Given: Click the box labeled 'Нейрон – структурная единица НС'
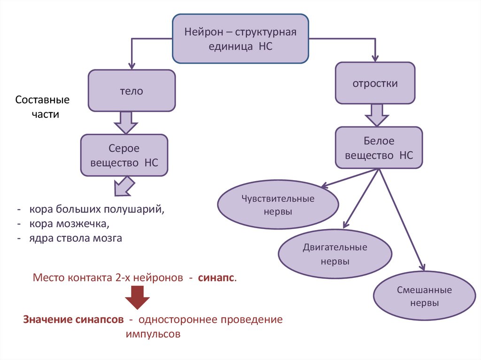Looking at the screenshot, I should coord(241,39).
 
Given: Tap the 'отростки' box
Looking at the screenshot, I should coord(375,83).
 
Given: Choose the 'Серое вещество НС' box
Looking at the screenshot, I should coord(124,155).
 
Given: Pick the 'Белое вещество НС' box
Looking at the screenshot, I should coord(379,148).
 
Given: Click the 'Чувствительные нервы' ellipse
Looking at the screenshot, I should coord(278,205).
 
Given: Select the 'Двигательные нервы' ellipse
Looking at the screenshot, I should coord(335,253).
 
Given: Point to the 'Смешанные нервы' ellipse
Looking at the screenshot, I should coord(424,296).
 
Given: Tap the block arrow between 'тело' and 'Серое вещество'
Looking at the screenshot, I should coord(124,123).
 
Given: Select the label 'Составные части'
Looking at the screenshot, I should coord(42,107).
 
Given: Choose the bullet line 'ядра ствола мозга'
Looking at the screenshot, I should coord(75,238).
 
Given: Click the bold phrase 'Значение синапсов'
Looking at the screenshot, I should coord(73,320).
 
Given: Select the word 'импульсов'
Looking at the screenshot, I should coord(153,335).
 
